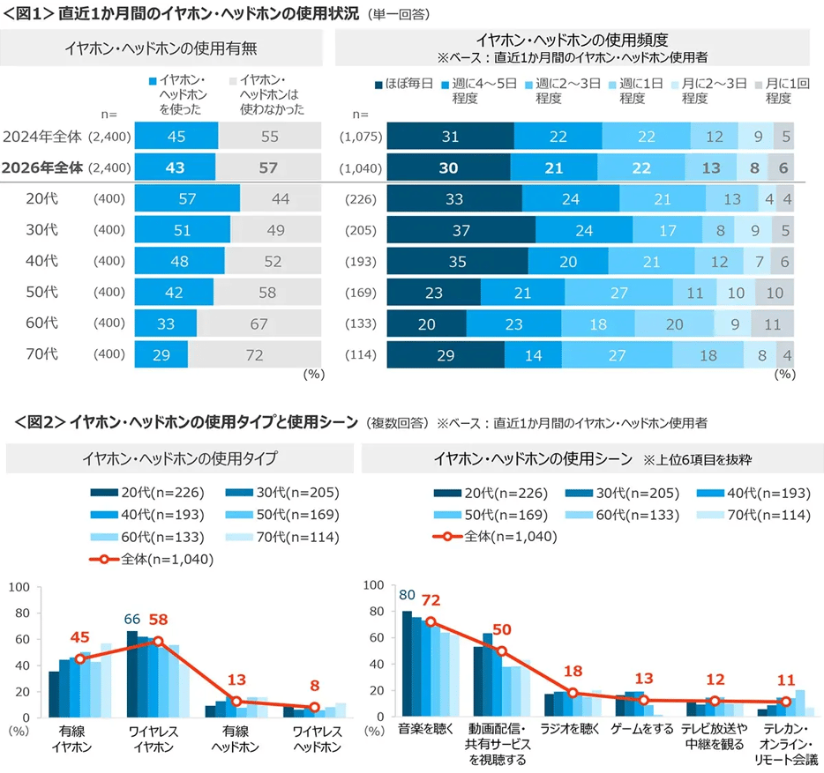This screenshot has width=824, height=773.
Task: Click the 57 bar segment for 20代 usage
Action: coord(187,199)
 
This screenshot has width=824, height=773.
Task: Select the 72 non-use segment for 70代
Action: coord(253,354)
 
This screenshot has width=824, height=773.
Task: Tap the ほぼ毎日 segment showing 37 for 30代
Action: coord(461,230)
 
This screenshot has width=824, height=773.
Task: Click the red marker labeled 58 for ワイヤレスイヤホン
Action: coord(159,641)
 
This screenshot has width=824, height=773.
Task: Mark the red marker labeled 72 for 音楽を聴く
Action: coord(431,621)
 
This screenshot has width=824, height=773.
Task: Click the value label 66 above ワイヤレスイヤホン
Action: coord(132,618)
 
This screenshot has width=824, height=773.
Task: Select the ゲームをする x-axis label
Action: coord(642,729)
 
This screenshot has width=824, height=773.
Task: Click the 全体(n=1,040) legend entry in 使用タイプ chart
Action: coord(150,558)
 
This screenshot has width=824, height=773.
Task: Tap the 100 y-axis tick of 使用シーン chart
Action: coord(374,585)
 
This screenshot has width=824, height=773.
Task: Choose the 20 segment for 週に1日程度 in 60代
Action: coord(674,323)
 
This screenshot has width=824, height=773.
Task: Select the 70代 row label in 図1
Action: coord(42,354)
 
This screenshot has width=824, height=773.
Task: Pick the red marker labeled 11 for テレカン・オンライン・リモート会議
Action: coord(785,702)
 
